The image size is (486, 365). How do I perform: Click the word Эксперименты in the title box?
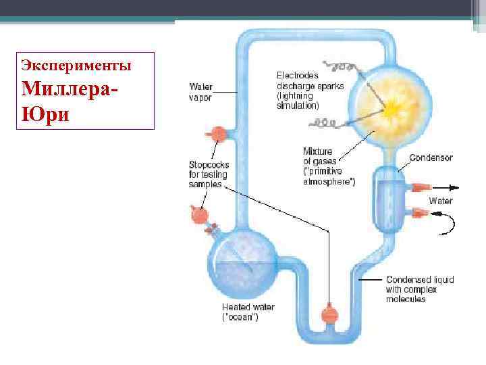76,66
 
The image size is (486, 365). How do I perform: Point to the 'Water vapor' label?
200,92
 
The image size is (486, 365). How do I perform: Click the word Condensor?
431,157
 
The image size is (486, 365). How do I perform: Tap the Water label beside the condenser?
441,201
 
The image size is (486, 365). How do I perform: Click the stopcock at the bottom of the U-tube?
329,315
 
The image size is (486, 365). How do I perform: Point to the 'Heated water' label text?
248,308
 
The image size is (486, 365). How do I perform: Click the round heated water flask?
242,260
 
